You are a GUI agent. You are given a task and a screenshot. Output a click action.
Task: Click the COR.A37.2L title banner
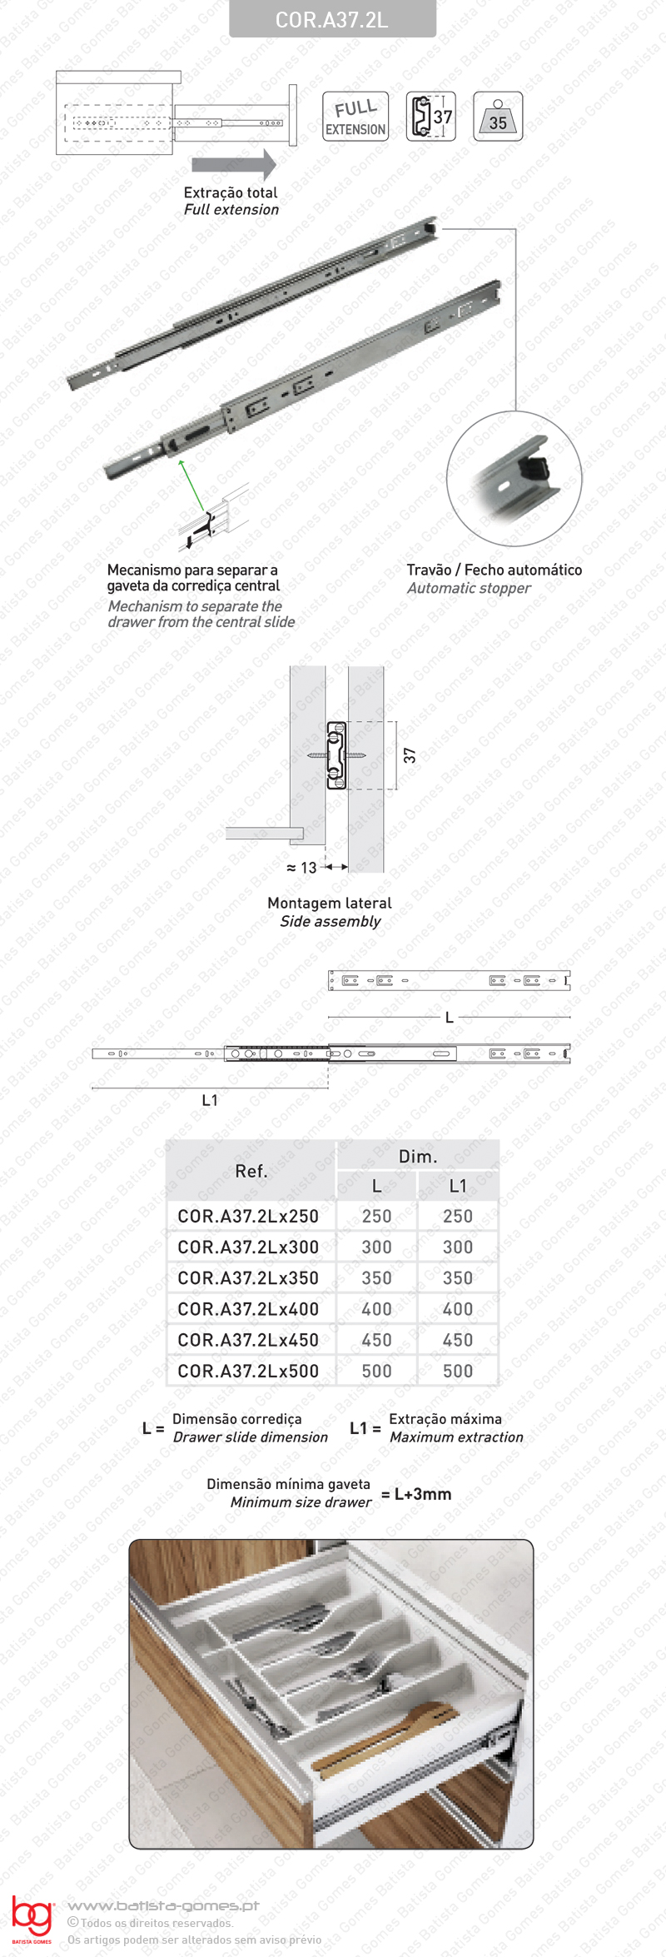click(332, 19)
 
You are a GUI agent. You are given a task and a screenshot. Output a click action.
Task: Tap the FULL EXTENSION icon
click(355, 117)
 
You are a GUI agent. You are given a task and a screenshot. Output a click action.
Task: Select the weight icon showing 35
click(497, 117)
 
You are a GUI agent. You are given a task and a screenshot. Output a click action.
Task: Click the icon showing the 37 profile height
click(431, 117)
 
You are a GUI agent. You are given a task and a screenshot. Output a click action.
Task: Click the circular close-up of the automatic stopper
click(514, 478)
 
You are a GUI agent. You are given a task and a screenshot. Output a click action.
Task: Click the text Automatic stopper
click(469, 588)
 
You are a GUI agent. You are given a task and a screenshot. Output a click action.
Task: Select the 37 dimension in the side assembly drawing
click(410, 754)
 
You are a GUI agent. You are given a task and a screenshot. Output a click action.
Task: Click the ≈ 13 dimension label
click(301, 868)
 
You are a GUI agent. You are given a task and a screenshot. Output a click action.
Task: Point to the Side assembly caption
click(330, 921)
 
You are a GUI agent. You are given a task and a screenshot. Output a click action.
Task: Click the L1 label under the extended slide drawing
click(210, 1100)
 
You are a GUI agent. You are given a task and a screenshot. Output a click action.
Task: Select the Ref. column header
click(251, 1171)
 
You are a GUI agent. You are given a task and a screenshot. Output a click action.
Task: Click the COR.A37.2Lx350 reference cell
click(248, 1277)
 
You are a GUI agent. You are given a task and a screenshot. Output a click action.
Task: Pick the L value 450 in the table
click(376, 1340)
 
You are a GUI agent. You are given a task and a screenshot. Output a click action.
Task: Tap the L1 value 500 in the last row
click(458, 1371)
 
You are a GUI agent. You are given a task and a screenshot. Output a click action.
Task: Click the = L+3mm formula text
click(416, 1494)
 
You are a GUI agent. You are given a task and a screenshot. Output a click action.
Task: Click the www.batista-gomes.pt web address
click(163, 1905)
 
